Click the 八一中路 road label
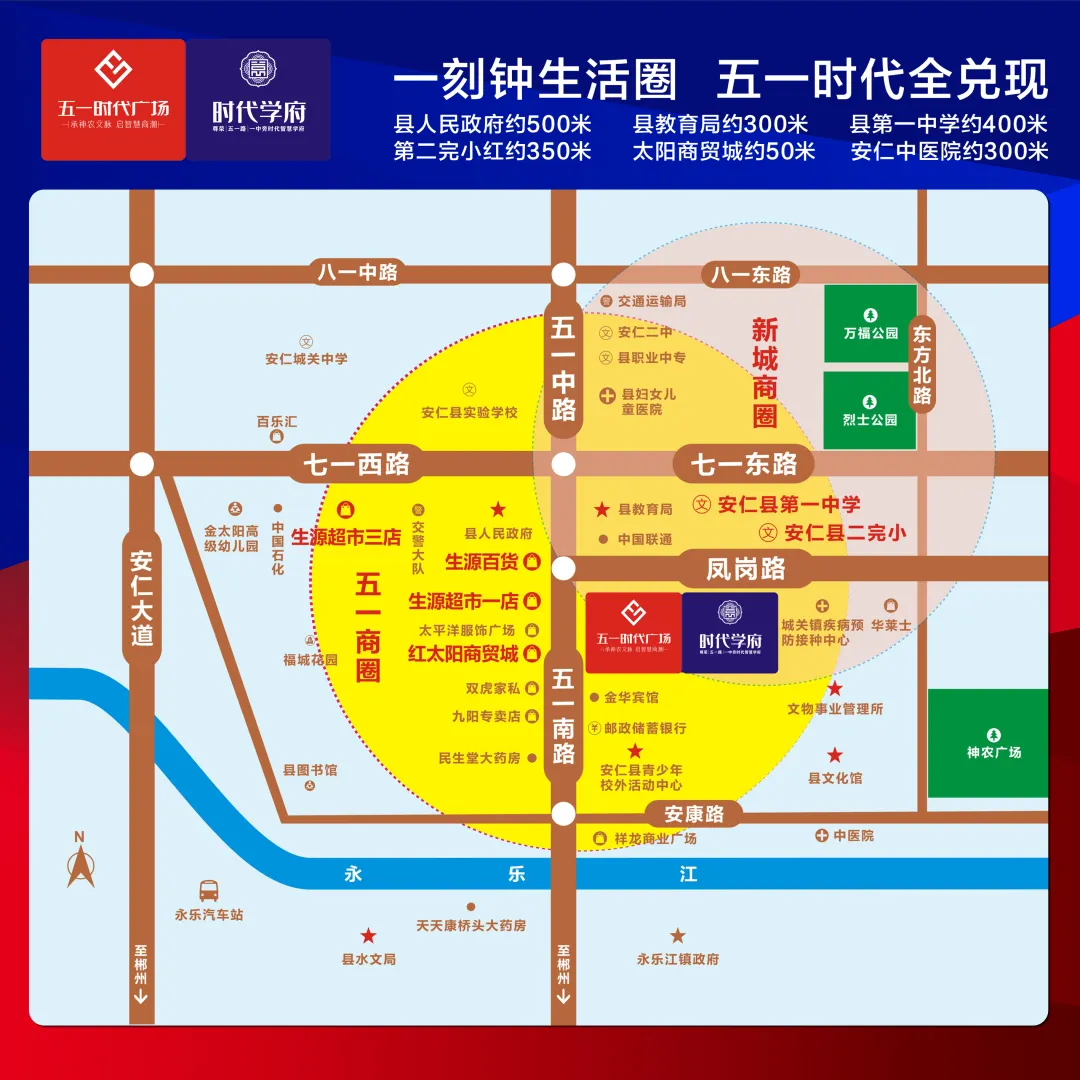coord(358,272)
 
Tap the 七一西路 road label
coord(357,464)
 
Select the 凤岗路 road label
coord(746,569)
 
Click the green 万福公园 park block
coord(870,323)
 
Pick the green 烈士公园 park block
coord(870,410)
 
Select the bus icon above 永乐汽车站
coord(209,889)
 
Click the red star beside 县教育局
coord(602,510)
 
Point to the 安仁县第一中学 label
coord(788,505)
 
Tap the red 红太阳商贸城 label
coord(463,654)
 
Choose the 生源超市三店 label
coord(345,537)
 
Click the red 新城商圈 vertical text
coord(765,372)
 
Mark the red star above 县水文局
coord(369,936)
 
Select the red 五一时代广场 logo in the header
coord(113,99)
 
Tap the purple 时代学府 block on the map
coord(730,632)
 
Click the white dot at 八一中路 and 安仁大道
coord(142,274)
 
